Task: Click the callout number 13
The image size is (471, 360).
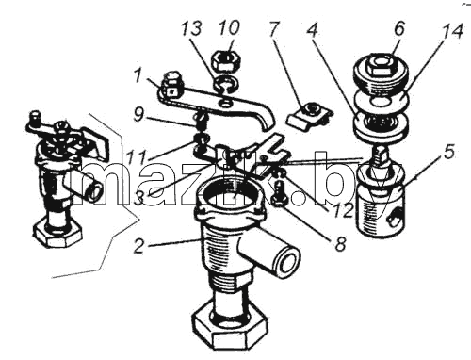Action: click(x=191, y=28)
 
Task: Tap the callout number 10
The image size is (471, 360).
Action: click(x=230, y=27)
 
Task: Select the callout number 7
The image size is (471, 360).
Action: click(x=273, y=28)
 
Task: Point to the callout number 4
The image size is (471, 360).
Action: click(x=312, y=31)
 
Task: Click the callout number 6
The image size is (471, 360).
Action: click(x=399, y=28)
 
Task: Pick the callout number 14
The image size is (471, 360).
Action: click(x=451, y=31)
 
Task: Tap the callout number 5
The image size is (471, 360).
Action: click(x=448, y=153)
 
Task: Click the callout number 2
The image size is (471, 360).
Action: click(x=139, y=246)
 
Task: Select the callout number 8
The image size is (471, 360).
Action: click(x=340, y=243)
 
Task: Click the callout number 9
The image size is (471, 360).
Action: click(x=138, y=115)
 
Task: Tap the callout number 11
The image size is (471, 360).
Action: click(x=136, y=156)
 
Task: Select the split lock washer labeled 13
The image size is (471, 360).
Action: click(x=226, y=85)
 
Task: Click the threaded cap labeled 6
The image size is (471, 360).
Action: click(x=381, y=74)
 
